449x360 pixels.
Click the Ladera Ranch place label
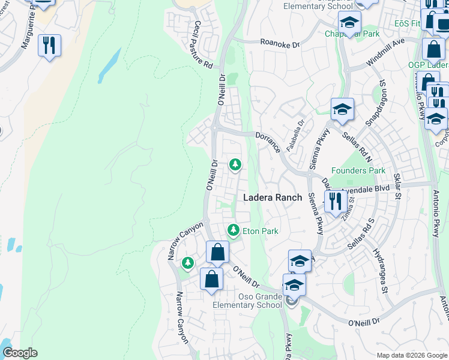pyautogui.click(x=272, y=197)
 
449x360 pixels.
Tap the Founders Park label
pyautogui.click(x=358, y=171)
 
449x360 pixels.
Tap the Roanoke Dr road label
pyautogui.click(x=280, y=43)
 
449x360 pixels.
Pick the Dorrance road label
pyautogui.click(x=268, y=142)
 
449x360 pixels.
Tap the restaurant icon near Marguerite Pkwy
pyautogui.click(x=49, y=45)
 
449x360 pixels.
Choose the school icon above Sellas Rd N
pyautogui.click(x=342, y=109)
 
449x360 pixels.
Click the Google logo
pyautogui.click(x=20, y=353)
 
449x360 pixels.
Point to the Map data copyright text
pyautogui.click(x=412, y=355)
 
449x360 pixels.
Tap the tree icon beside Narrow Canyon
pyautogui.click(x=188, y=262)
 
